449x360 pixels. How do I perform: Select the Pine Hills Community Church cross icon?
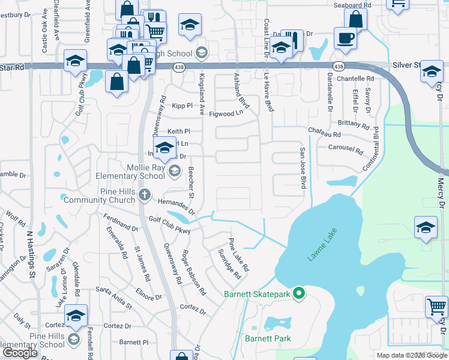(143, 194)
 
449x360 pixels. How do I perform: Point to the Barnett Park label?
(268, 338)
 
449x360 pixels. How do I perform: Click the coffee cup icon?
(347, 38)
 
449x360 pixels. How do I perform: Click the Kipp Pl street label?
(181, 106)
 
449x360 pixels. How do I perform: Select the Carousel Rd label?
(346, 148)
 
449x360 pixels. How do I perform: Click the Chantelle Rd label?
(355, 79)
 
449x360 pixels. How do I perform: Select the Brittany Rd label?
(353, 124)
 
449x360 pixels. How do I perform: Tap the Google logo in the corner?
(20, 353)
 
